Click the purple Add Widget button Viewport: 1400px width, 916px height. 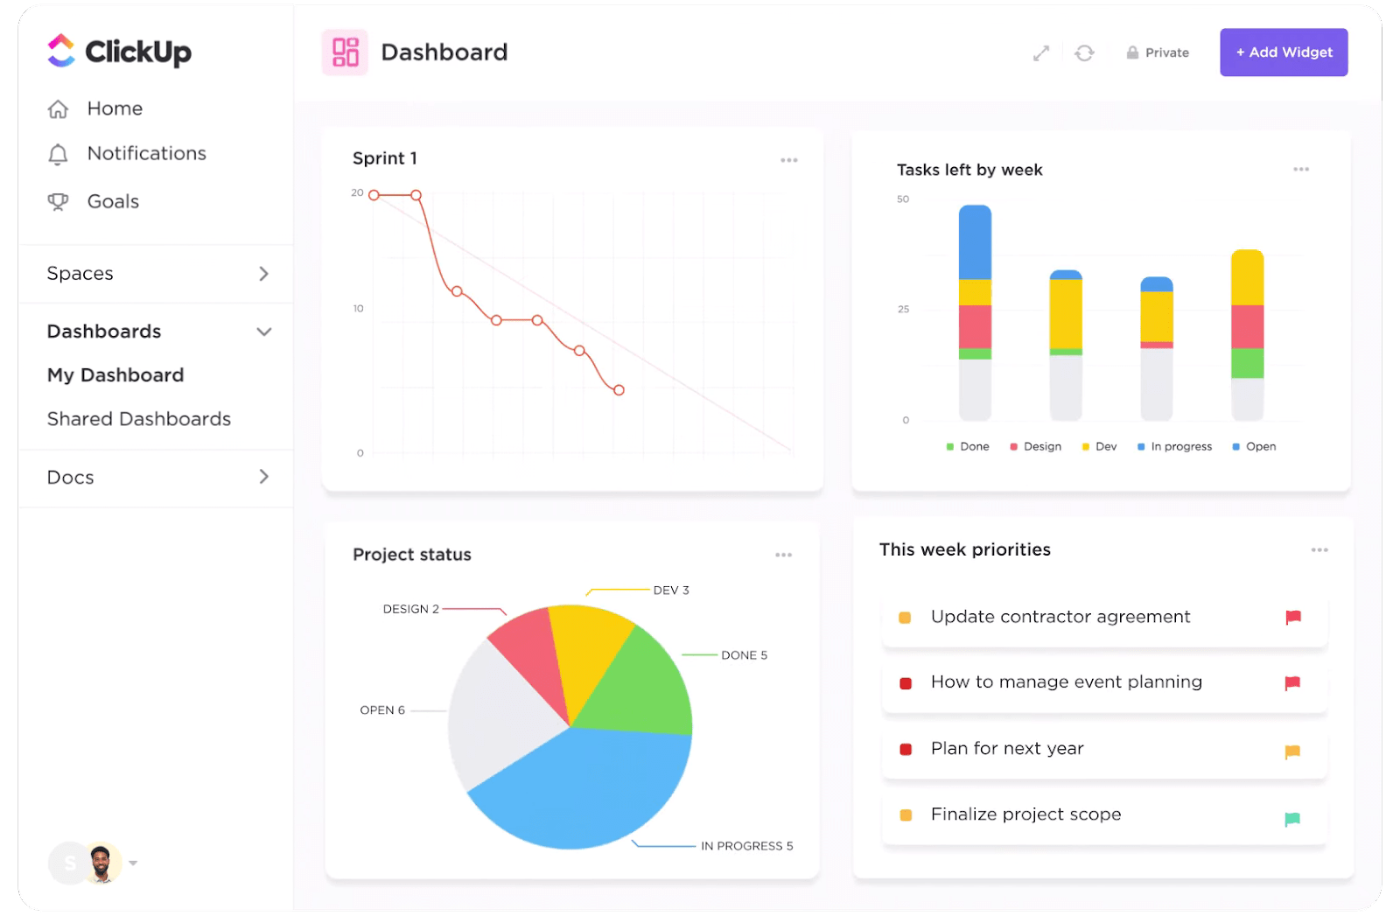pyautogui.click(x=1283, y=52)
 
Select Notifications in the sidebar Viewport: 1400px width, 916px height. pyautogui.click(x=146, y=153)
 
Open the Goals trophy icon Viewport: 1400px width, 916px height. pyautogui.click(x=58, y=201)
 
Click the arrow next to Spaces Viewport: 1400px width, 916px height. pyautogui.click(x=263, y=274)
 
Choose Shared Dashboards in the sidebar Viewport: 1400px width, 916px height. pyautogui.click(x=138, y=419)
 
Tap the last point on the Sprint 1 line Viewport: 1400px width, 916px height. pyautogui.click(x=619, y=390)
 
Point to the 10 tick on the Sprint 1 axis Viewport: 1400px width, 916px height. pyautogui.click(x=358, y=309)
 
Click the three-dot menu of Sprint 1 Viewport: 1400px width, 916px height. pyautogui.click(x=788, y=160)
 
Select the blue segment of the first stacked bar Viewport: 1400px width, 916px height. pyautogui.click(x=975, y=242)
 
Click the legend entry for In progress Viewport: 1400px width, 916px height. pyautogui.click(x=1179, y=446)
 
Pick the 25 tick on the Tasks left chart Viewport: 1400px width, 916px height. pyautogui.click(x=903, y=310)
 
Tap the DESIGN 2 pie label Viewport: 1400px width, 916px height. pyautogui.click(x=410, y=609)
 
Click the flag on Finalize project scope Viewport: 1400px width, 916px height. pyautogui.click(x=1291, y=819)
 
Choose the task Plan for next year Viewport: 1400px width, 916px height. pyautogui.click(x=1006, y=749)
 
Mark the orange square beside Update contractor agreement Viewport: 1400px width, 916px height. pyautogui.click(x=905, y=618)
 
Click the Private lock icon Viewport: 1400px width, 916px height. pyautogui.click(x=1132, y=52)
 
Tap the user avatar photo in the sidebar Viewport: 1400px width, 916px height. pyautogui.click(x=102, y=863)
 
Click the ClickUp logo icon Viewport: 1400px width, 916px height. pyautogui.click(x=61, y=51)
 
